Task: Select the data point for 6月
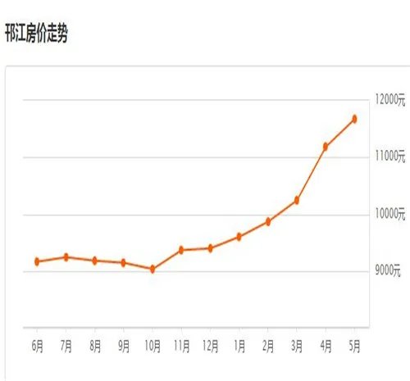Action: point(37,261)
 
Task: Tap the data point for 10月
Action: point(152,269)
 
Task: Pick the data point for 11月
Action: point(180,249)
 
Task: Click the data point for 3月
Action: point(297,200)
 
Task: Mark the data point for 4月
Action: point(326,147)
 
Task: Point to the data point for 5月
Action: point(354,119)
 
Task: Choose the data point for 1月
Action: point(239,237)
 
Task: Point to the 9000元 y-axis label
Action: point(385,271)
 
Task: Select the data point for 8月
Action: point(95,261)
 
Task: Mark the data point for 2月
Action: point(267,221)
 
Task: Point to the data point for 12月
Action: point(210,247)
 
